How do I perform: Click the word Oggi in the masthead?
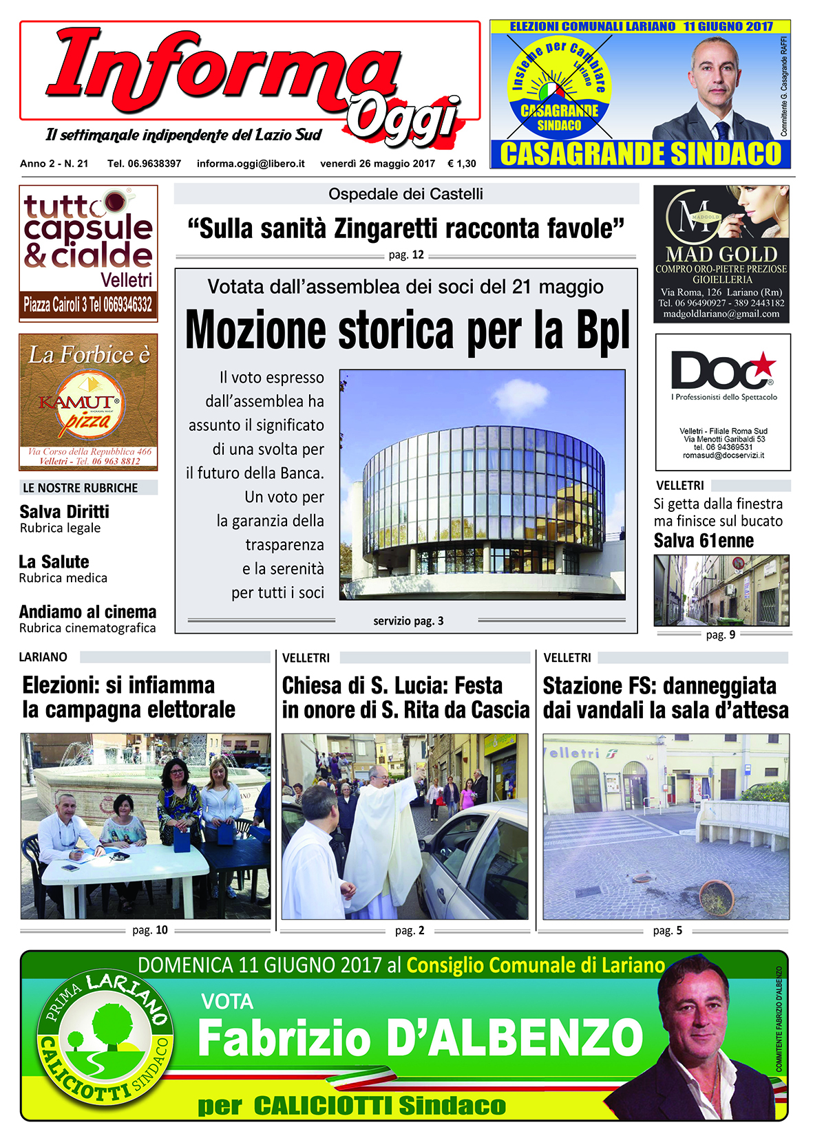[403, 120]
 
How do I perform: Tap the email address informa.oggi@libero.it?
[251, 164]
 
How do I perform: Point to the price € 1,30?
[461, 164]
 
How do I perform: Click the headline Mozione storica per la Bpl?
[407, 331]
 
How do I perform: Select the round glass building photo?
[482, 485]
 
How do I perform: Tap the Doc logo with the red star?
[722, 371]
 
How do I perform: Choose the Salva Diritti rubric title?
[64, 512]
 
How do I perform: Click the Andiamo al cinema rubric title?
[87, 612]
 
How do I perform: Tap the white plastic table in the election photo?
[124, 866]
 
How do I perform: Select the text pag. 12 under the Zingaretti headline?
[406, 255]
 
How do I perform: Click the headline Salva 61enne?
[704, 541]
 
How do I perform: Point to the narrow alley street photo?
[721, 590]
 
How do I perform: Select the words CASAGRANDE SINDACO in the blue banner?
[640, 154]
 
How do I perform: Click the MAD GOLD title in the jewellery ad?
[721, 255]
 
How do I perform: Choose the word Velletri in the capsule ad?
[126, 280]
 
